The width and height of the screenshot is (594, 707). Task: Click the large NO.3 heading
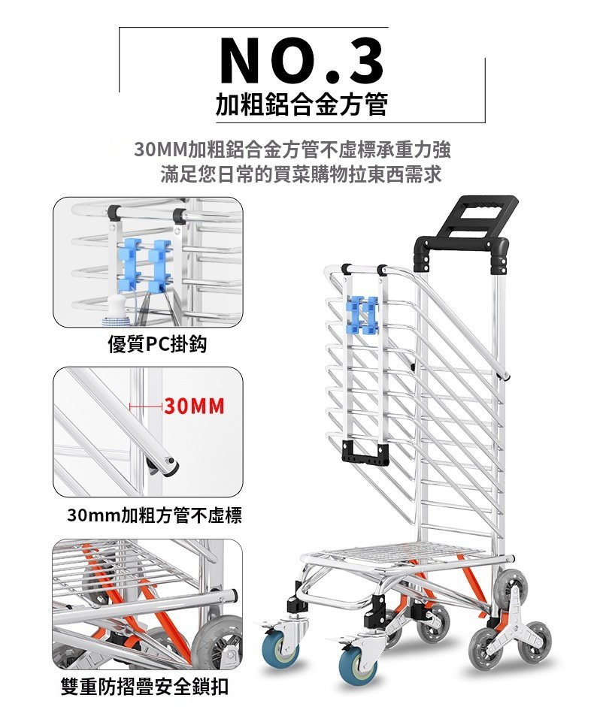pyautogui.click(x=302, y=62)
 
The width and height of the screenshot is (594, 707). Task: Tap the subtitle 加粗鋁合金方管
pyautogui.click(x=302, y=104)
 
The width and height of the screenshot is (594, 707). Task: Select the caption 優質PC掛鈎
pyautogui.click(x=157, y=344)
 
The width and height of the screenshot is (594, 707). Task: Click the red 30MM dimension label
pyautogui.click(x=194, y=406)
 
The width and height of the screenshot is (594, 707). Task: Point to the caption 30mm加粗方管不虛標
pyautogui.click(x=154, y=515)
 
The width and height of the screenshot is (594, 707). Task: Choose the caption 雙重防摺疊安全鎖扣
pyautogui.click(x=144, y=687)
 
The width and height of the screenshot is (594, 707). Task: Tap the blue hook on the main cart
pyautogui.click(x=363, y=315)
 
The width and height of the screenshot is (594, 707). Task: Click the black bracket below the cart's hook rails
pyautogui.click(x=365, y=454)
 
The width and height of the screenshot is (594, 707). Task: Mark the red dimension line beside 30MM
pyautogui.click(x=145, y=406)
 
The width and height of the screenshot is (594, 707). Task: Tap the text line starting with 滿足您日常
pyautogui.click(x=301, y=174)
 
